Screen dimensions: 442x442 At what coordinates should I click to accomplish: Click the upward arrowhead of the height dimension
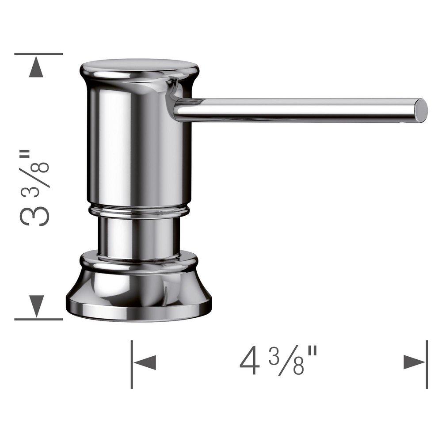[36, 69]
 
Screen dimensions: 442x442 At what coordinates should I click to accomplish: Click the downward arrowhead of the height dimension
[36, 305]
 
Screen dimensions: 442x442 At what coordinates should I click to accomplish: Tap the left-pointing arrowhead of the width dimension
[145, 363]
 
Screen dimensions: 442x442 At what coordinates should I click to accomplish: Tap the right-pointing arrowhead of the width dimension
[415, 362]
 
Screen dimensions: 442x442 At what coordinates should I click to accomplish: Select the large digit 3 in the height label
[34, 212]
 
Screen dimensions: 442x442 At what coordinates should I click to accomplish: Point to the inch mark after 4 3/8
[312, 355]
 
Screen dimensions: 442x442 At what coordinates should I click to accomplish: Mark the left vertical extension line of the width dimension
[132, 364]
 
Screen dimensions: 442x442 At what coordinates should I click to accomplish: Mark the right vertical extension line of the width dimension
[427, 364]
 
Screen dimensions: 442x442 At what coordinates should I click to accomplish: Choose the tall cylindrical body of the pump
[138, 146]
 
